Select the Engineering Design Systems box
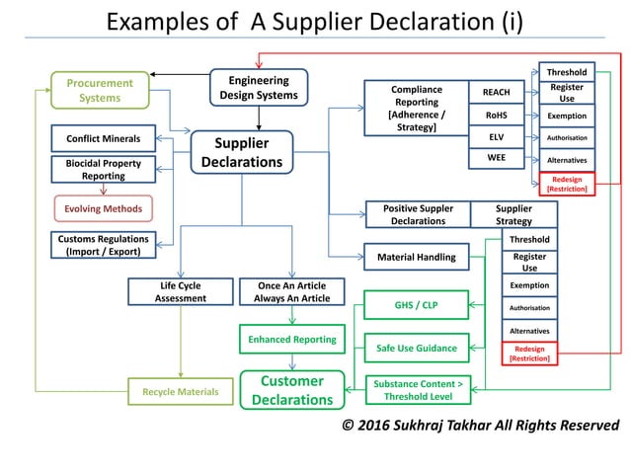point(258,87)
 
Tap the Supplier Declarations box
point(241,152)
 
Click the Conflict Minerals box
point(104,138)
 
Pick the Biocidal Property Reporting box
point(104,169)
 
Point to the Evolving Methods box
point(104,208)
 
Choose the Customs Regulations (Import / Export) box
point(104,245)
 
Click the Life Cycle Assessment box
point(181,291)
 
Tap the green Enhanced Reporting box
point(291,339)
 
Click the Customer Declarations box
point(291,390)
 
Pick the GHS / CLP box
point(416,305)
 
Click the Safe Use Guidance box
point(416,348)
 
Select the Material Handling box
point(416,257)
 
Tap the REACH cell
point(496,93)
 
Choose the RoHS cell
point(496,115)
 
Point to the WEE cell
point(496,157)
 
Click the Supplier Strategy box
point(512,214)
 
